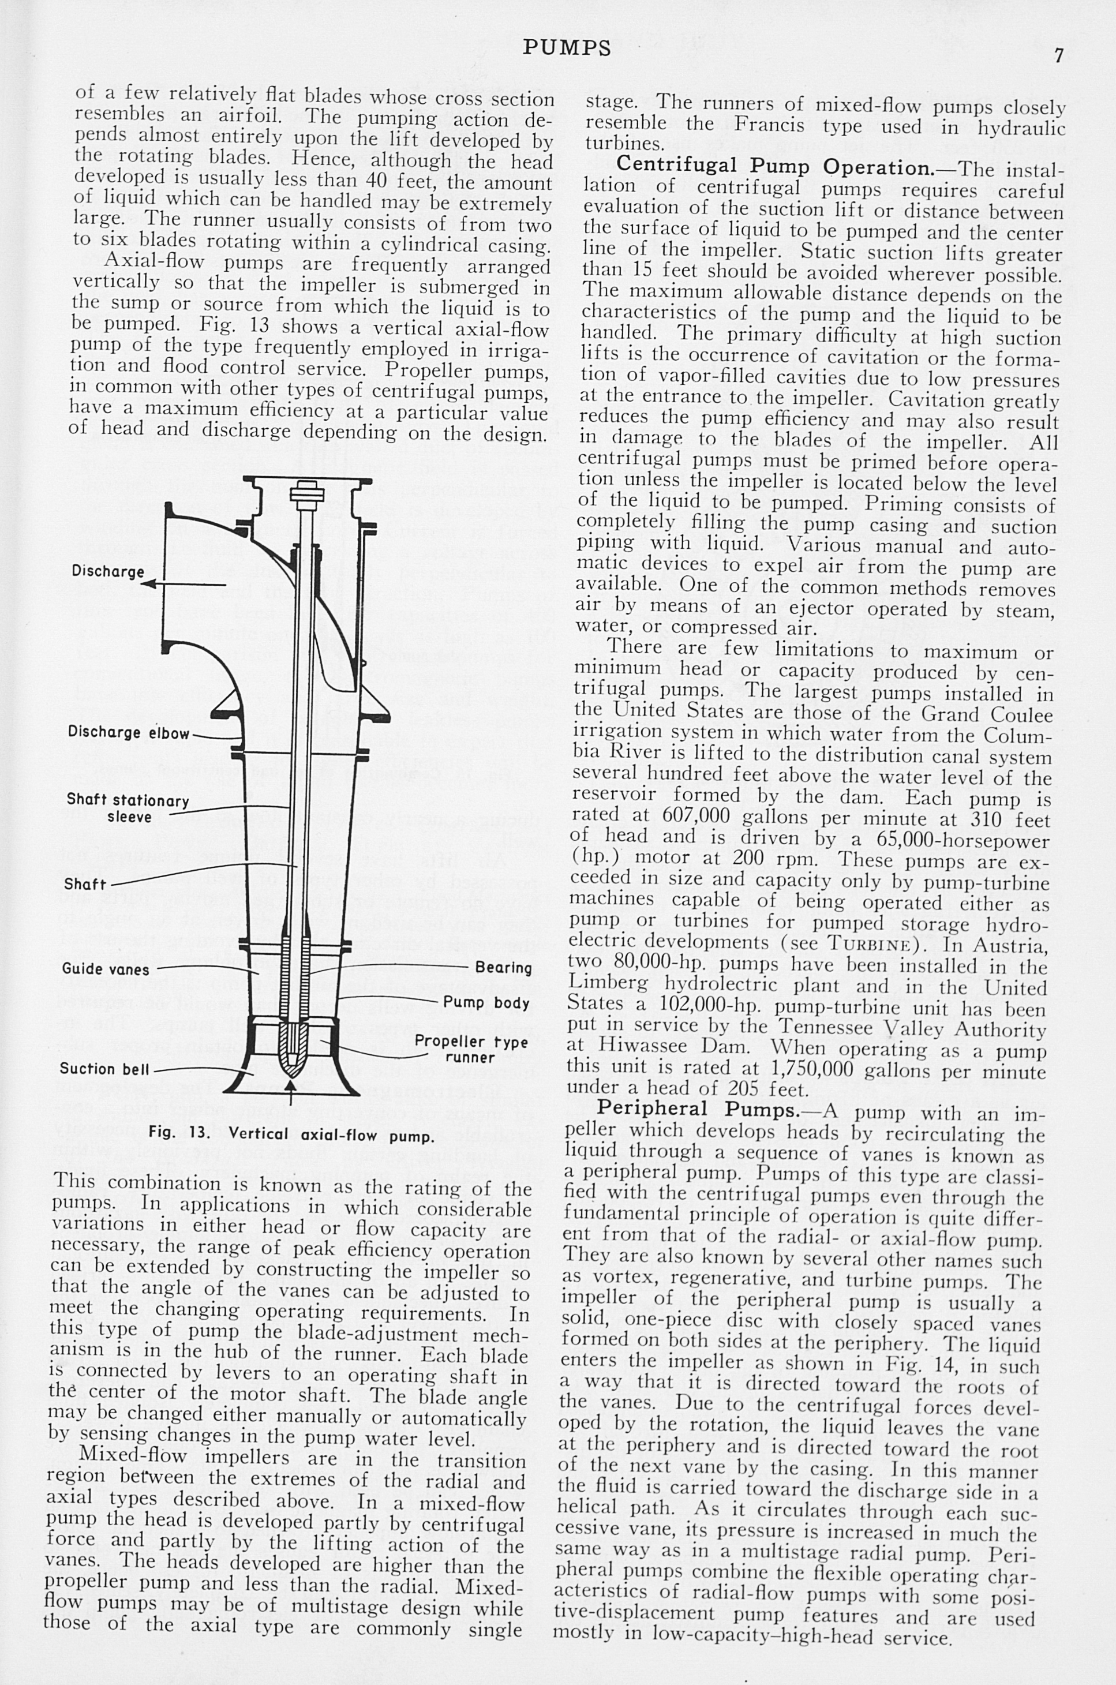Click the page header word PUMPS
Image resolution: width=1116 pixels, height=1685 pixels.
point(567,48)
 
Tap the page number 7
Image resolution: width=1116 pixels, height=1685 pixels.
point(1059,55)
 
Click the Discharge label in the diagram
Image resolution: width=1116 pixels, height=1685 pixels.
point(107,571)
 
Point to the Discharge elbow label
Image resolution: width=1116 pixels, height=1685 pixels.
point(129,732)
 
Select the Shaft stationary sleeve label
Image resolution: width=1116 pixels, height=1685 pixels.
point(128,808)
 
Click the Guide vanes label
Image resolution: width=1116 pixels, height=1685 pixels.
point(106,969)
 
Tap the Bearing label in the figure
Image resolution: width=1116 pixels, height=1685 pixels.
point(503,968)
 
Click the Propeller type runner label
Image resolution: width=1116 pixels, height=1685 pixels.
point(471,1050)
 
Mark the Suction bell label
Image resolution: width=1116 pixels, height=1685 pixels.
point(106,1069)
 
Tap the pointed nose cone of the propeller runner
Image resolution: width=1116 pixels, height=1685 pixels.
point(291,1059)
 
